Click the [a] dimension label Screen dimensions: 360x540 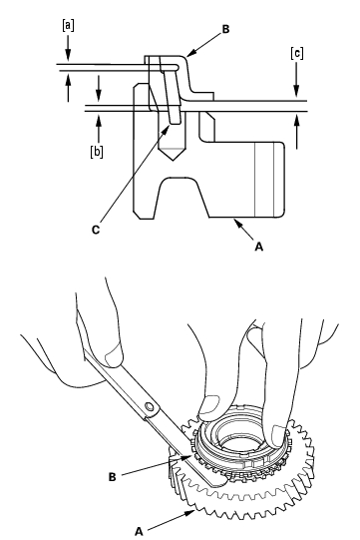[x=68, y=26]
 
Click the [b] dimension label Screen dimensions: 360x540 [x=97, y=151]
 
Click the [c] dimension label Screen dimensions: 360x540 [x=296, y=53]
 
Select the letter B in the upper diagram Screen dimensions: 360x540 [x=225, y=29]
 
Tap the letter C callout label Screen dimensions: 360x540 [x=96, y=230]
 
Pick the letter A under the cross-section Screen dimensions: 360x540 [x=259, y=247]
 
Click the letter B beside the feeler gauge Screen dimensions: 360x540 [x=113, y=477]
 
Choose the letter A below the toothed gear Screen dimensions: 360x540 [x=139, y=531]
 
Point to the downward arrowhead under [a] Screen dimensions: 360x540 [x=68, y=55]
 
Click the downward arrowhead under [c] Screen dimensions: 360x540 [x=296, y=91]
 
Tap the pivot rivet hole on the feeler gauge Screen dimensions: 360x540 [x=150, y=406]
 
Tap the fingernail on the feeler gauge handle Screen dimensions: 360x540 [x=115, y=354]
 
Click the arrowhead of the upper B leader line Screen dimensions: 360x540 [x=191, y=52]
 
